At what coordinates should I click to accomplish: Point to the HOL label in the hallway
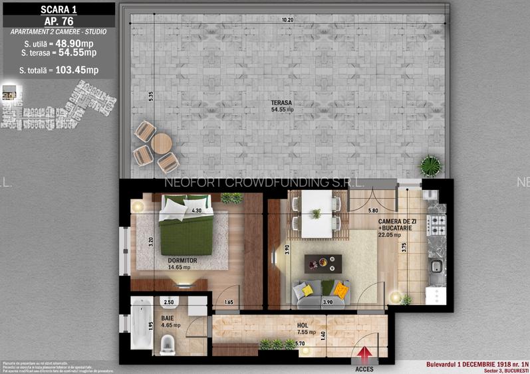[302, 325]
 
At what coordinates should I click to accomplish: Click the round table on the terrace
[161, 143]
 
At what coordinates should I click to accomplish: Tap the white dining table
[317, 214]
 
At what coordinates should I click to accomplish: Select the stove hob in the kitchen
[437, 226]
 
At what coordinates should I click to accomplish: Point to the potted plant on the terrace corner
[431, 164]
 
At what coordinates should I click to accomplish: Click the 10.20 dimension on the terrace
[287, 20]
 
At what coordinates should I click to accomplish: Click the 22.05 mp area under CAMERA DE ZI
[389, 234]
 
